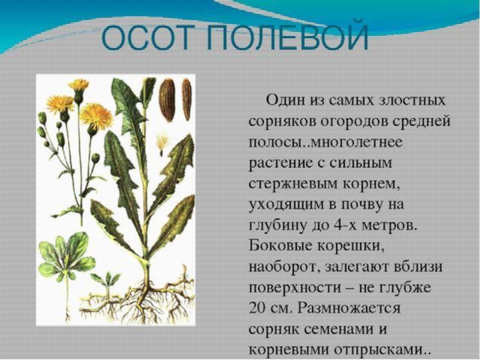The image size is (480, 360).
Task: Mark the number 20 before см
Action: tap(257, 307)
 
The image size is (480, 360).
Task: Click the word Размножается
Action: tap(349, 308)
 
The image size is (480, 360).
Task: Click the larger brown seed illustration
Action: tap(167, 100)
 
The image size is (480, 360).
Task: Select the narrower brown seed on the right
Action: tap(186, 99)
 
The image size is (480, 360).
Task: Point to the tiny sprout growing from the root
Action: tap(106, 282)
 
